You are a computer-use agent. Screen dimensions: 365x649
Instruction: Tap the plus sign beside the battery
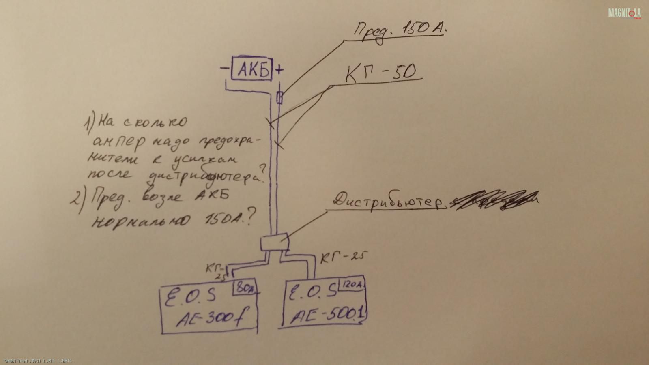(x=279, y=70)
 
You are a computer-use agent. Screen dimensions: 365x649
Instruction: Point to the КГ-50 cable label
(x=380, y=73)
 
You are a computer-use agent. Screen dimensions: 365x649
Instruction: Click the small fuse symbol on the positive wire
(x=279, y=98)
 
